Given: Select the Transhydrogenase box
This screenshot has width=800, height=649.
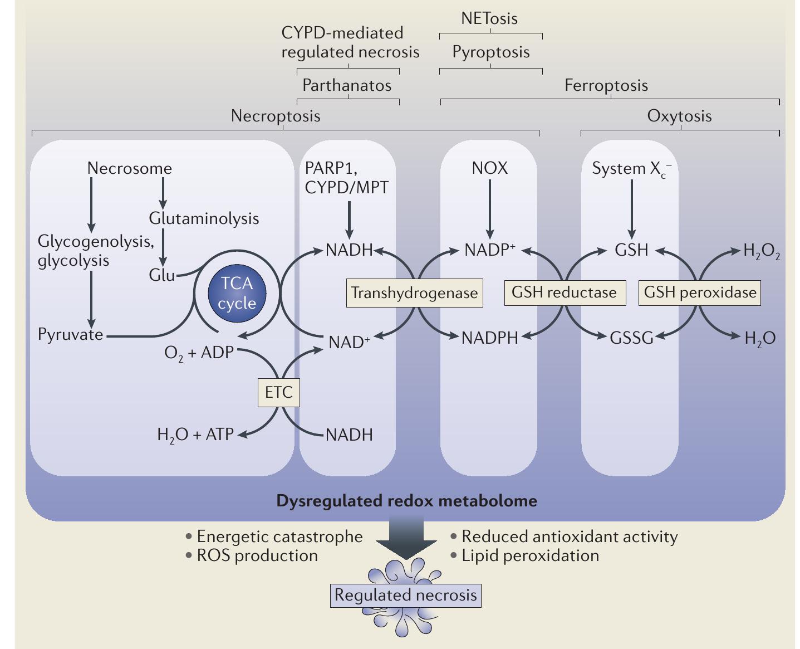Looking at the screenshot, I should tap(414, 293).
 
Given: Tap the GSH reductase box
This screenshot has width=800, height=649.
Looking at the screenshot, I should tap(564, 292).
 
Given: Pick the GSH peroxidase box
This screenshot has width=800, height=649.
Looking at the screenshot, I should tap(700, 292).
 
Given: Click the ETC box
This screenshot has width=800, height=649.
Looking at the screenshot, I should tap(278, 392).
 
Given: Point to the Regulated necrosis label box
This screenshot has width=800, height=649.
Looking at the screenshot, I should tap(405, 595).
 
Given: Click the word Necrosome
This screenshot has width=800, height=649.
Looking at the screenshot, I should tap(130, 168).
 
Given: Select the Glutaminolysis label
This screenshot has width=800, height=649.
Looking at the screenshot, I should tap(204, 218).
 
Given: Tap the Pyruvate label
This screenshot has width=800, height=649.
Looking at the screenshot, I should tap(71, 334).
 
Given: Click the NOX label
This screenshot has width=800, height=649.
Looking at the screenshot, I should tap(490, 168).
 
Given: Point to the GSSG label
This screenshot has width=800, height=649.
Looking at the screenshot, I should tap(631, 338).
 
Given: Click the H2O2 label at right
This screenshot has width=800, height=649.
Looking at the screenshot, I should tap(761, 251).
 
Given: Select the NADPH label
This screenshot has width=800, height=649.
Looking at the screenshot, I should tap(489, 338).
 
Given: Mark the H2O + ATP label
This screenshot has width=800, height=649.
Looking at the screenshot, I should tap(195, 435).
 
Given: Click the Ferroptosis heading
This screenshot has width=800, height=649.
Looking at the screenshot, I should tap(606, 85).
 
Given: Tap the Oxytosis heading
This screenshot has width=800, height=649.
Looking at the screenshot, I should tap(679, 116).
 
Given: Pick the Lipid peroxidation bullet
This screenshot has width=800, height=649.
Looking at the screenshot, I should tap(529, 555).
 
